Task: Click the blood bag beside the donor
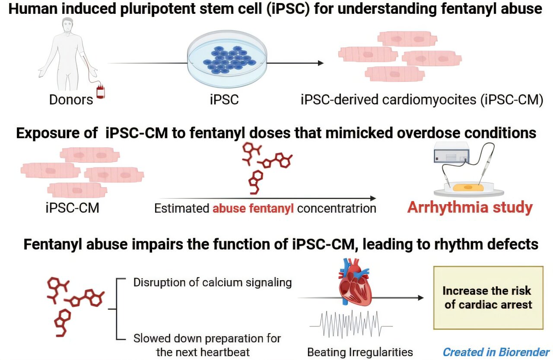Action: (100, 92)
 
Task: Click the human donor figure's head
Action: (67, 25)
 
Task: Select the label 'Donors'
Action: (71, 100)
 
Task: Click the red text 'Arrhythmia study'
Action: (470, 208)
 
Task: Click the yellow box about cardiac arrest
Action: (488, 298)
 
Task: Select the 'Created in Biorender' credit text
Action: (496, 352)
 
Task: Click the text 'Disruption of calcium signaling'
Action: (213, 283)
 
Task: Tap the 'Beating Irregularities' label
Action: (360, 352)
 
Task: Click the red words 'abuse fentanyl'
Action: (253, 208)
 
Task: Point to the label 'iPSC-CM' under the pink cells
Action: (72, 208)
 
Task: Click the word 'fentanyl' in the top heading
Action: (439, 9)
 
